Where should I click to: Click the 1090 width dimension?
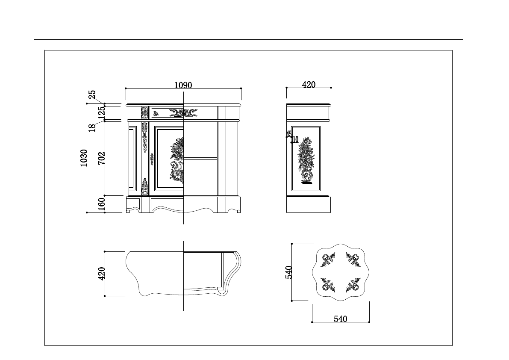[183, 85]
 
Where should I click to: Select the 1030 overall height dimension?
[84, 158]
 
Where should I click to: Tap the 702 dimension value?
[101, 158]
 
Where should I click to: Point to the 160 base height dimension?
[101, 204]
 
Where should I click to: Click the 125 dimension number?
[101, 112]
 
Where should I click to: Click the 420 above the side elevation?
[309, 85]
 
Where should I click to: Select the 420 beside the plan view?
[102, 274]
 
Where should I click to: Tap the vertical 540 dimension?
[288, 272]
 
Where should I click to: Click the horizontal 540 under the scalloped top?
[340, 319]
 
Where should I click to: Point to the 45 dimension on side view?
[288, 134]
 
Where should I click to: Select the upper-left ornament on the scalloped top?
[328, 260]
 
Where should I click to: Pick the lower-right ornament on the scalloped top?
[353, 284]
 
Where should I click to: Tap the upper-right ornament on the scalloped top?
[353, 260]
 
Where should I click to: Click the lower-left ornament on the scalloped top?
[328, 284]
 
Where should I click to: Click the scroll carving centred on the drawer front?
[183, 112]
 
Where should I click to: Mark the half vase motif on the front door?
[177, 160]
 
